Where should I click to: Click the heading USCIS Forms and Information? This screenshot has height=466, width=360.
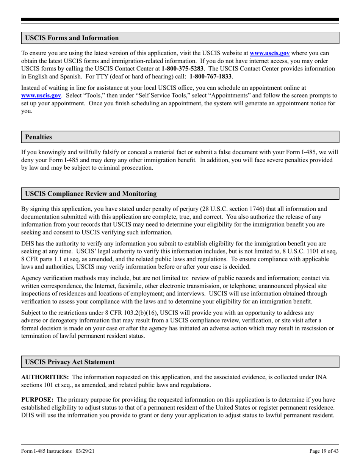(72, 38)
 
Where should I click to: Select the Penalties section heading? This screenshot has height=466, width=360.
(38, 137)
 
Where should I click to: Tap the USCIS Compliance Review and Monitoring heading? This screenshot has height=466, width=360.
(91, 194)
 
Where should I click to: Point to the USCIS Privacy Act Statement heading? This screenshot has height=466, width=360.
(70, 362)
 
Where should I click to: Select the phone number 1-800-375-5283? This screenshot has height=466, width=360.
(183, 69)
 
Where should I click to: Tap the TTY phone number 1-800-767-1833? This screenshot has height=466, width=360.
(211, 77)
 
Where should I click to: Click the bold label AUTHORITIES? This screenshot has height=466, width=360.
(45, 377)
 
